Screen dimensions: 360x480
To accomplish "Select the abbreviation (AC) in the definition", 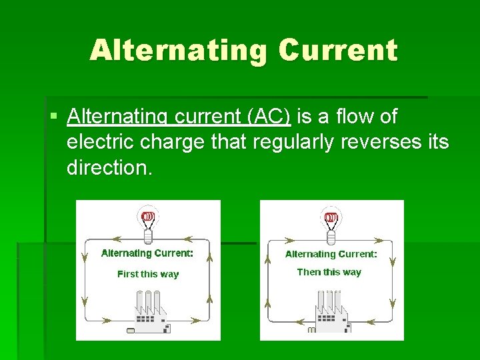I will click(x=269, y=117).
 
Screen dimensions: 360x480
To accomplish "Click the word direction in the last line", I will click(x=109, y=167).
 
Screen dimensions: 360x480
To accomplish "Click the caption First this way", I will click(x=148, y=274).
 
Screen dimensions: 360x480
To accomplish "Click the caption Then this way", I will click(x=329, y=272).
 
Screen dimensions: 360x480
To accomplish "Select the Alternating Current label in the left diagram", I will click(x=147, y=253).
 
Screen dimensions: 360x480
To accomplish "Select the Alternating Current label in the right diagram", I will click(x=331, y=254).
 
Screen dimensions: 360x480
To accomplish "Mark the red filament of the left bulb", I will click(x=148, y=217).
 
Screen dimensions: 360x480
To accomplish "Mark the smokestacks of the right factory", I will click(x=329, y=301).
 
